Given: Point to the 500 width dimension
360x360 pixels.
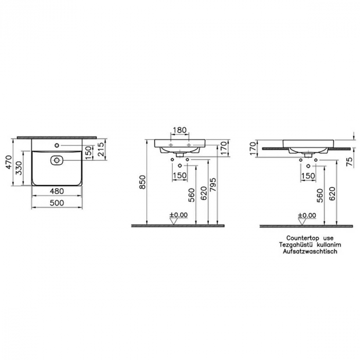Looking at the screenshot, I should click(x=57, y=203).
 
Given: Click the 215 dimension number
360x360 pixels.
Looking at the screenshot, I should click(x=101, y=150).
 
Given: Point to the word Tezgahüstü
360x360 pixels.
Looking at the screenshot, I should click(x=291, y=245).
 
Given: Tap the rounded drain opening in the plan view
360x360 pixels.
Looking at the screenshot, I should click(x=57, y=160).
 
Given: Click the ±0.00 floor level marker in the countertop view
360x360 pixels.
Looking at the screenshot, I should click(x=307, y=215).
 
